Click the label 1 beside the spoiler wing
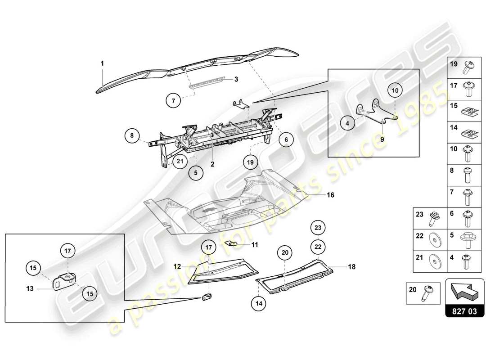[102, 63]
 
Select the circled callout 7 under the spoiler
[173, 101]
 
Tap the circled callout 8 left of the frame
[132, 135]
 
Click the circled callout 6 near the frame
[286, 140]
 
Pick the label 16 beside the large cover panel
[331, 195]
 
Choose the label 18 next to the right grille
[351, 267]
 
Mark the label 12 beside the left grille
[178, 266]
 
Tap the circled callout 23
[318, 228]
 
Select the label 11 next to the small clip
[255, 245]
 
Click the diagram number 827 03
[465, 310]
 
